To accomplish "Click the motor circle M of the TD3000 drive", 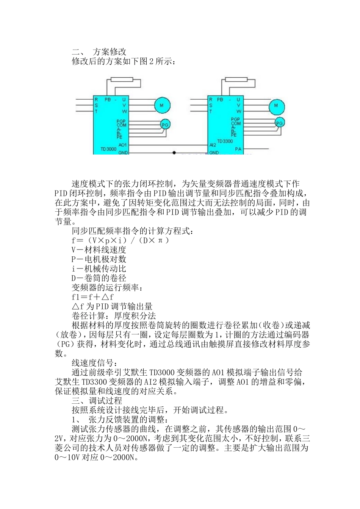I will point(161,105).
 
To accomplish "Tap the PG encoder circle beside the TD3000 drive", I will point(165,124).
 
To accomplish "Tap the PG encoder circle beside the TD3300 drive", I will point(279,123).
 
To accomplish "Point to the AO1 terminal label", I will point(122,145).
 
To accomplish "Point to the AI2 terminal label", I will point(213,145).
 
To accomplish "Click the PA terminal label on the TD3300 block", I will point(238,149).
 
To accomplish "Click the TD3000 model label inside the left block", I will point(108,149).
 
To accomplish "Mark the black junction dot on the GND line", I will point(174,153).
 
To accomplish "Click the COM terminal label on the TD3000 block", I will point(121,125).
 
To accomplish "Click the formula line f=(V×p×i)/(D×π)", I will point(120,240).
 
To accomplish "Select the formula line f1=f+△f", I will point(92,297).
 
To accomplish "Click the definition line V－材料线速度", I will point(99,250).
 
